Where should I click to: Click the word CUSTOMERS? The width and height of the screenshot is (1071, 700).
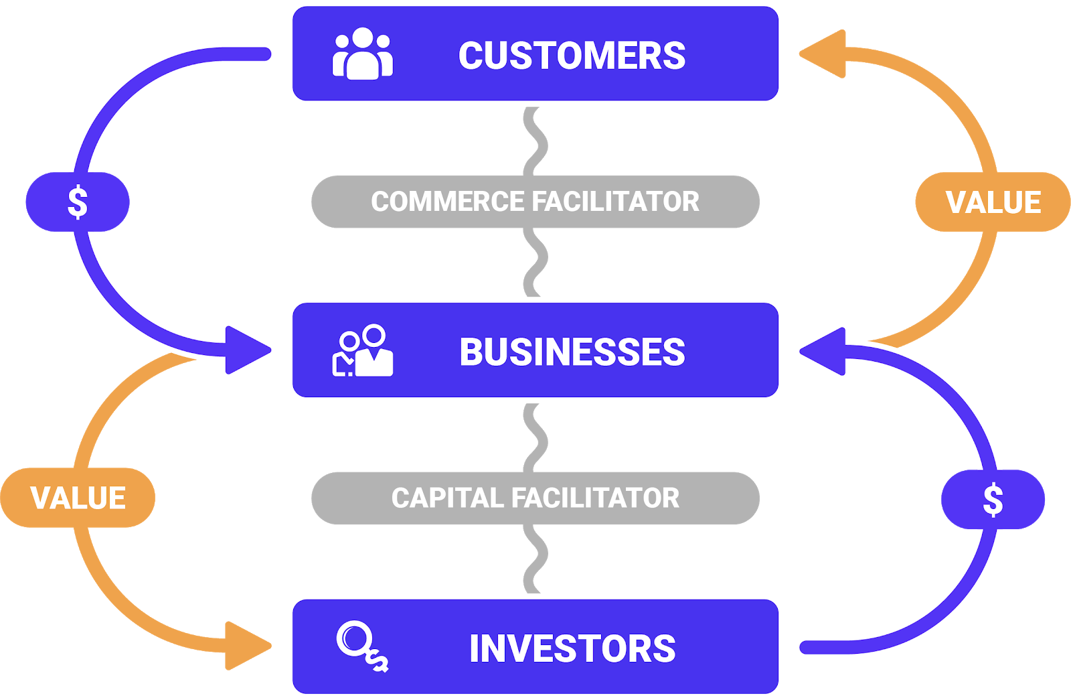point(572,56)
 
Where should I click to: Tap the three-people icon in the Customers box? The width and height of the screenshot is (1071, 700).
point(362,54)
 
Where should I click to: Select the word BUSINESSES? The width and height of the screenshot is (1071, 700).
point(572,352)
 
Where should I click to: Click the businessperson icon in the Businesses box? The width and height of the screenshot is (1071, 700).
point(363,351)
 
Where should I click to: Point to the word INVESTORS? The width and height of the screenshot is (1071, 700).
point(572,649)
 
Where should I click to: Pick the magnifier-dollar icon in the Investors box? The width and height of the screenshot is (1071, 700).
point(362,646)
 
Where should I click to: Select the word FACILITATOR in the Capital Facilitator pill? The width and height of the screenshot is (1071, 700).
point(595,498)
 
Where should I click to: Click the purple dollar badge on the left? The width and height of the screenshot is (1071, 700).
point(78,202)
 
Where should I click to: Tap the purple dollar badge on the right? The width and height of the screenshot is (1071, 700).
point(993,500)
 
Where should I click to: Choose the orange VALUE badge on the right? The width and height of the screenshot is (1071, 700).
point(993,202)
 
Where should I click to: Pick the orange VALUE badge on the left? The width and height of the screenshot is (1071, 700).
point(78,498)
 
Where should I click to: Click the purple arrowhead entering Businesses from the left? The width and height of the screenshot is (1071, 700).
point(245,350)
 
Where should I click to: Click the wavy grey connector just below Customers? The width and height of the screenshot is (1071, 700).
point(535,141)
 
